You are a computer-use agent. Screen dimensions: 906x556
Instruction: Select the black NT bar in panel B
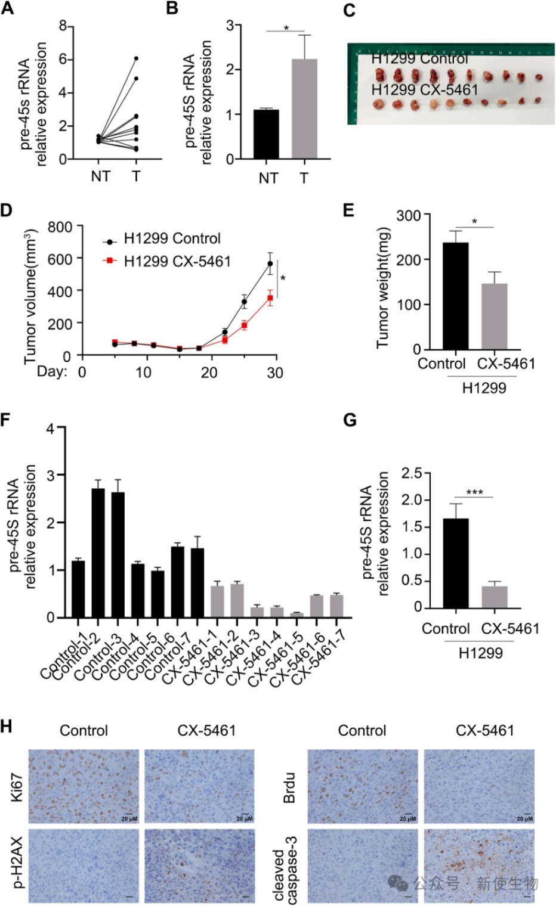pos(267,134)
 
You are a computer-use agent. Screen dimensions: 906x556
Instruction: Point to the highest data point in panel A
pos(136,58)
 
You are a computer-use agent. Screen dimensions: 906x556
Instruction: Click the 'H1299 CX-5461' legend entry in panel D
pos(177,261)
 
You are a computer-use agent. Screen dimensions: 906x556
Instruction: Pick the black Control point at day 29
pos(270,263)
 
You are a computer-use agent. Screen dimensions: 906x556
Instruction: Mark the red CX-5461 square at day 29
pos(270,297)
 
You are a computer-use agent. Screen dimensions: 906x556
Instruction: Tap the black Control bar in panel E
pos(455,296)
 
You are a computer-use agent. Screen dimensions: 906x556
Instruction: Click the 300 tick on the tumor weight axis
pos(409,215)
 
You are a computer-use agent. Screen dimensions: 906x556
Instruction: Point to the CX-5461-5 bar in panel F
pos(296,615)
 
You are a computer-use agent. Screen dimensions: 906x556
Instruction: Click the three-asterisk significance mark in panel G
pos(474,492)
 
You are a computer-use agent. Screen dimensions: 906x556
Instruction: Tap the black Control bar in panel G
pos(455,563)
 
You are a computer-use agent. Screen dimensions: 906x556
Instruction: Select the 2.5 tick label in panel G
pos(412,473)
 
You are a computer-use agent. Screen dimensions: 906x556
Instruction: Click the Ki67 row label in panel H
pos(17,786)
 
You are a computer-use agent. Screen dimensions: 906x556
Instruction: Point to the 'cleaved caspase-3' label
pos(285,867)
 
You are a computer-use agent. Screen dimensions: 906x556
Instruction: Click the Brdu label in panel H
pos(289,787)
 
